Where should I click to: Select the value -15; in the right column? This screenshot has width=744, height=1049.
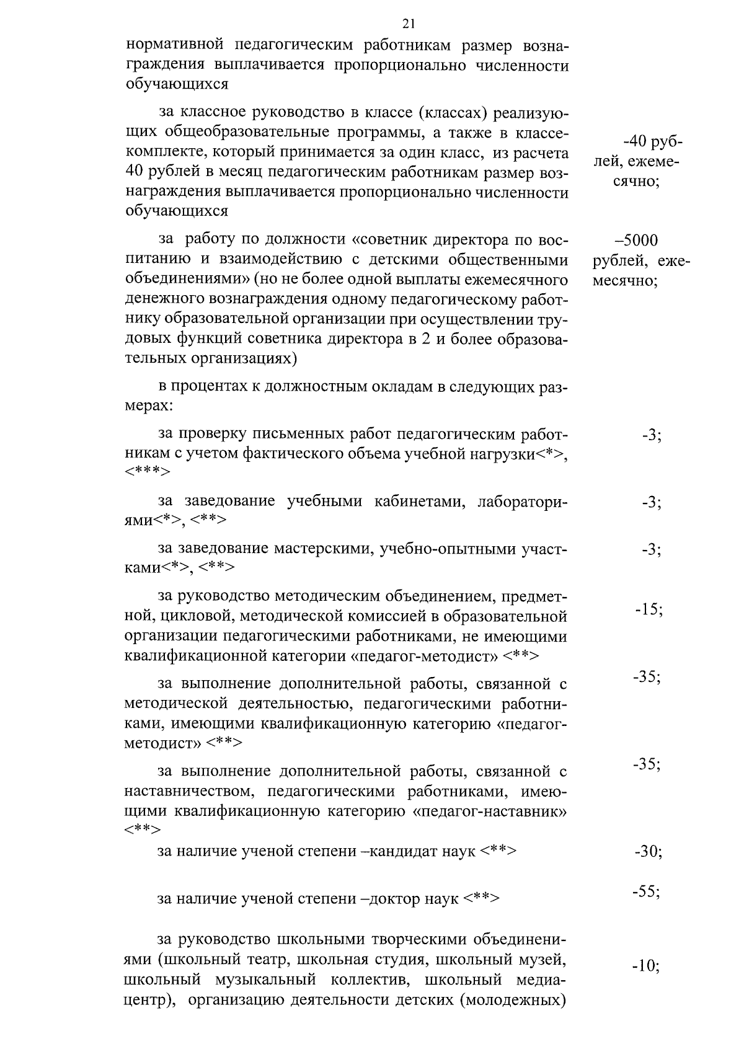coord(649,609)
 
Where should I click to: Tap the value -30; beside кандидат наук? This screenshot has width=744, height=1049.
coord(649,852)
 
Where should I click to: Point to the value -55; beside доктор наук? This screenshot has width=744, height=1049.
coord(646,892)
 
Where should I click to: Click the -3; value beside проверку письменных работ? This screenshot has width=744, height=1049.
coord(652,435)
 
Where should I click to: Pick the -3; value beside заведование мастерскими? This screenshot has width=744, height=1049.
coord(652,549)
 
